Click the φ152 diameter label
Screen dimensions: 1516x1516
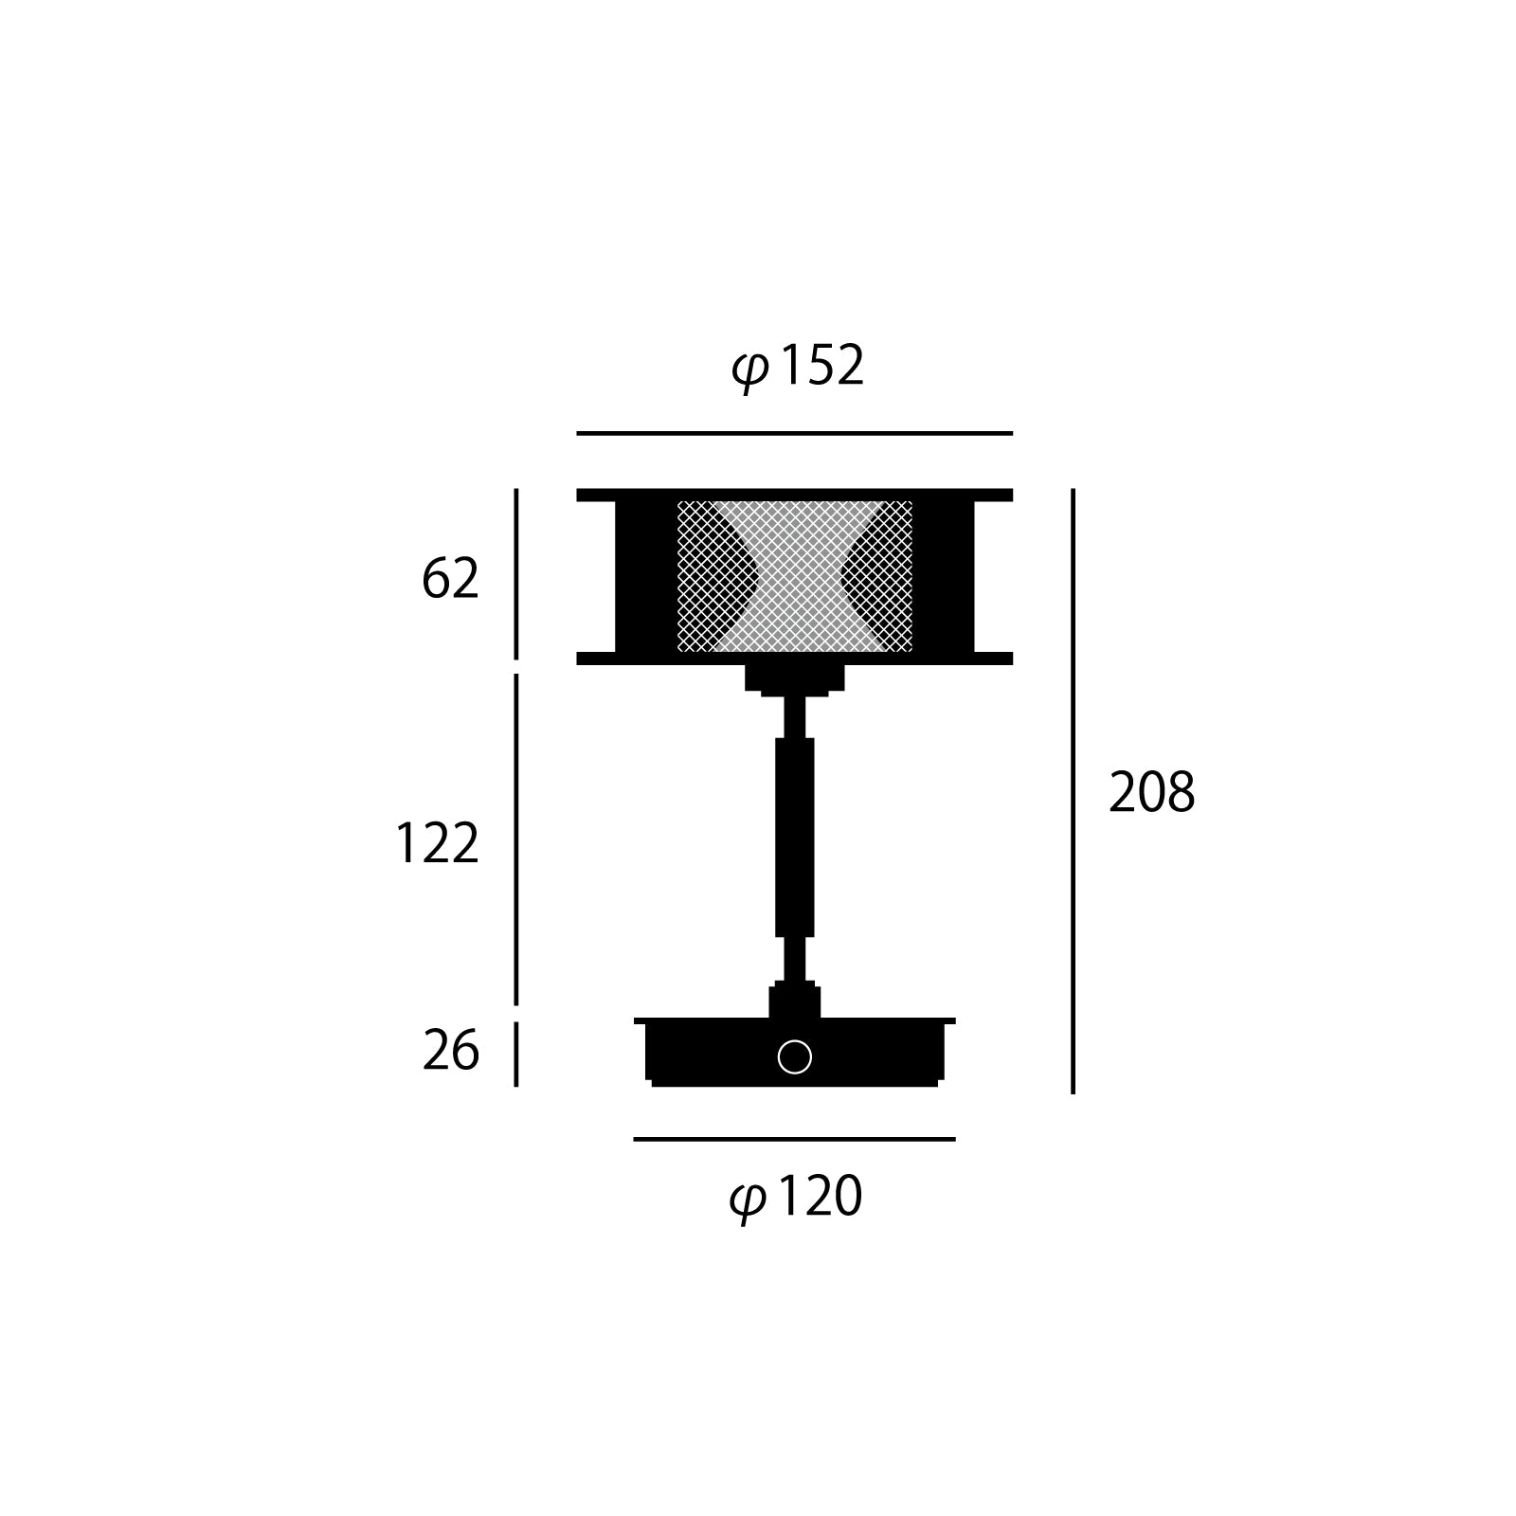[x=798, y=367]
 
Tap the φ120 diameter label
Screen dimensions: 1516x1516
[x=796, y=1198]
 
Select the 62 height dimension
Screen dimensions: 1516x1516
[x=450, y=579]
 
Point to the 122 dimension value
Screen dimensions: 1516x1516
[x=437, y=843]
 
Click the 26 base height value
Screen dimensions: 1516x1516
[x=451, y=1052]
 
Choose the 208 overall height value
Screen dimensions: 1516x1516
[x=1151, y=793]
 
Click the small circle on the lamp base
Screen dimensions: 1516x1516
[x=794, y=1056]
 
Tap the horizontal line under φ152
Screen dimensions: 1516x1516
[x=794, y=433]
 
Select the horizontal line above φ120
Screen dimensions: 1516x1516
[x=794, y=1139]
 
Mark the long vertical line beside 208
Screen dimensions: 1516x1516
[x=1073, y=791]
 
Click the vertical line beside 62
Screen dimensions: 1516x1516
[x=516, y=573]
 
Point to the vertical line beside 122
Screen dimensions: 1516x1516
[x=516, y=839]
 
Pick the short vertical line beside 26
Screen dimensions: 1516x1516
[x=516, y=1054]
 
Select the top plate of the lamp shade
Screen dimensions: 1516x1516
[x=794, y=495]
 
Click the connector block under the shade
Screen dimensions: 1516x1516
[x=794, y=678]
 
